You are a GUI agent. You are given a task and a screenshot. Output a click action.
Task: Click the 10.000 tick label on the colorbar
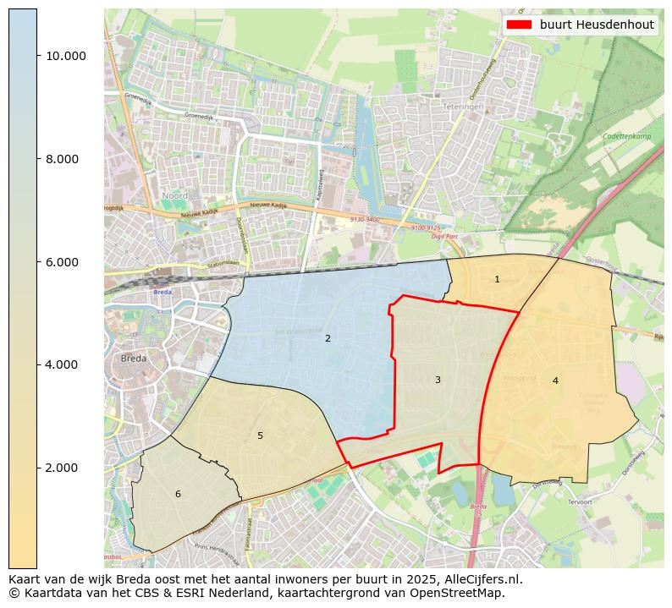click(66, 56)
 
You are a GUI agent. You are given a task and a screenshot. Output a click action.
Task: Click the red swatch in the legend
click(519, 25)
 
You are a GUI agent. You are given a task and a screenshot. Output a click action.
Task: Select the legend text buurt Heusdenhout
click(597, 25)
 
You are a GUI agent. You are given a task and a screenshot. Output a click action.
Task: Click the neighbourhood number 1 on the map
click(497, 280)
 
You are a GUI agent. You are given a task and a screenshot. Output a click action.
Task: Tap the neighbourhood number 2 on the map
click(328, 339)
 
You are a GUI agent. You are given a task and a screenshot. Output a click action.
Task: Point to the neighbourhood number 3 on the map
click(438, 381)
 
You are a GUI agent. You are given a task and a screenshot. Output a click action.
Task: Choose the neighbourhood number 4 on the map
click(555, 381)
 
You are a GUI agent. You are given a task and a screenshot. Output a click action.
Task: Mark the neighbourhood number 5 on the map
click(260, 436)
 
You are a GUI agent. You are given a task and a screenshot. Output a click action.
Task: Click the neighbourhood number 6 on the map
click(178, 495)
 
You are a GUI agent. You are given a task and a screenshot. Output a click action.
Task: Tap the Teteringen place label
click(462, 107)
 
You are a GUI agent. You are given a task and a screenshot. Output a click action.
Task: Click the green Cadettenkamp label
click(626, 136)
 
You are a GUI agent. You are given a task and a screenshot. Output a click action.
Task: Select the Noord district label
click(175, 195)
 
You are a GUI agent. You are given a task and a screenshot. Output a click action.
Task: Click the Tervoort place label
click(580, 501)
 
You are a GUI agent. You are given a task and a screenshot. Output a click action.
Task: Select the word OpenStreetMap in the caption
click(461, 593)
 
